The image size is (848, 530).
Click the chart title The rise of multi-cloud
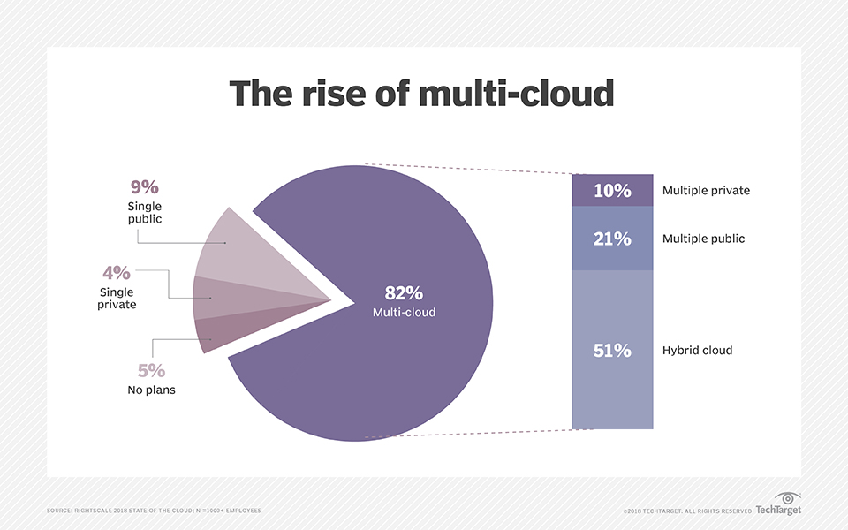click(422, 93)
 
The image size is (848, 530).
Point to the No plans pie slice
click(217, 330)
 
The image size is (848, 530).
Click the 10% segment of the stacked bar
click(612, 191)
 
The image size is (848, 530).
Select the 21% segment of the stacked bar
click(612, 238)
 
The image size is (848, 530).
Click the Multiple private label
click(706, 191)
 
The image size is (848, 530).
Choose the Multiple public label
click(703, 238)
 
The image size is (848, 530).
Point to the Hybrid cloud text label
click(697, 351)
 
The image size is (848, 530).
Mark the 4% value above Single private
click(117, 272)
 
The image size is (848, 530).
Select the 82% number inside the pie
click(404, 293)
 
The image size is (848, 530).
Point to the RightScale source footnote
click(154, 511)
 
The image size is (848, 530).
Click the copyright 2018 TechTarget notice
click(687, 511)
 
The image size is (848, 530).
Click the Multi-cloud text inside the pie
click(404, 312)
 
